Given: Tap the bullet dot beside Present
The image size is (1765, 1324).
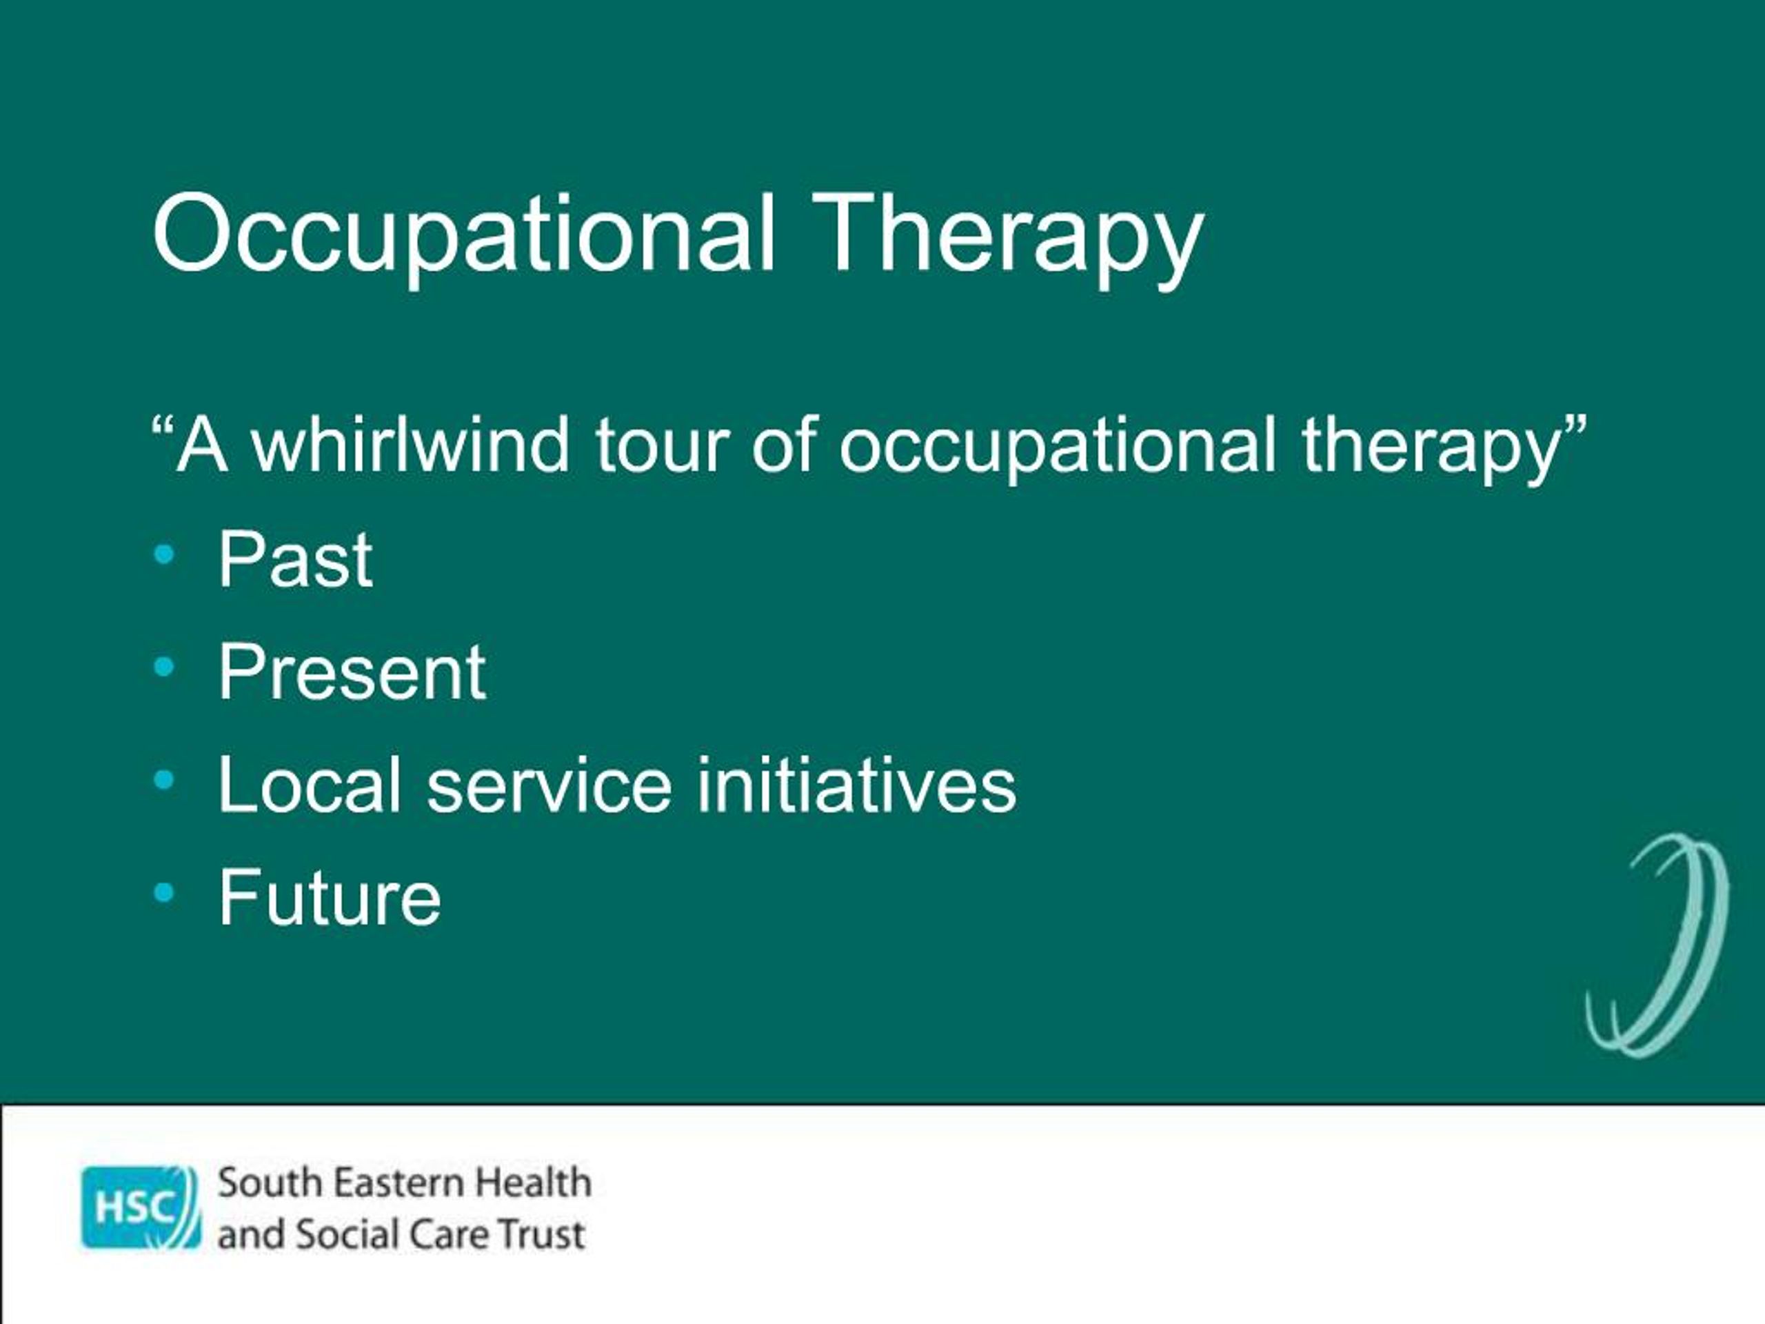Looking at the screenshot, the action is click(x=163, y=668).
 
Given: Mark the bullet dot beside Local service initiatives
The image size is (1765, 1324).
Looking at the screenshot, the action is click(x=163, y=781).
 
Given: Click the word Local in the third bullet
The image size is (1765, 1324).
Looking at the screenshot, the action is click(x=310, y=785).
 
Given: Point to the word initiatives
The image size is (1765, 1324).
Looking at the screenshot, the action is click(x=857, y=785).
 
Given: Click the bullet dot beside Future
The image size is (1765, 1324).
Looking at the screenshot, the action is click(x=163, y=894).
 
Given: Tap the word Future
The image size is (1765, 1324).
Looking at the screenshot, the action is click(x=330, y=898).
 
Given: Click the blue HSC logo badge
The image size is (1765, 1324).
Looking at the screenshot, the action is click(x=141, y=1207).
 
